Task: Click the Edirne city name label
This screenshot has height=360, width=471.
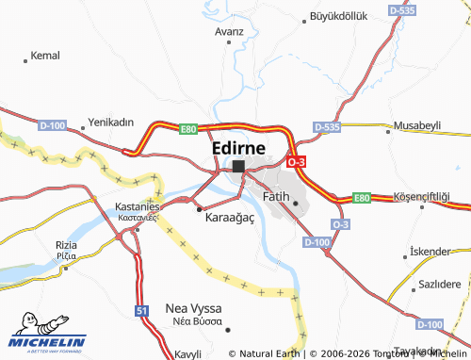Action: pyautogui.click(x=237, y=148)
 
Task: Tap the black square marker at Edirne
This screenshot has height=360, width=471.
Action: pyautogui.click(x=238, y=166)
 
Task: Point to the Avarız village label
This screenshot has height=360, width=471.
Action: pyautogui.click(x=229, y=31)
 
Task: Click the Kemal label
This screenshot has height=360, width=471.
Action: pyautogui.click(x=45, y=56)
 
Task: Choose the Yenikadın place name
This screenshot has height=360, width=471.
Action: pyautogui.click(x=111, y=123)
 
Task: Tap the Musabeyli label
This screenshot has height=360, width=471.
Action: pyautogui.click(x=416, y=124)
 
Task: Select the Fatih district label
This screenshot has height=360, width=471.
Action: pyautogui.click(x=274, y=196)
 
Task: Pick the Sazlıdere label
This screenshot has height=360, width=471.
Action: pyautogui.click(x=439, y=284)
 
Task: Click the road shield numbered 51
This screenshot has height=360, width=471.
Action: pyautogui.click(x=142, y=310)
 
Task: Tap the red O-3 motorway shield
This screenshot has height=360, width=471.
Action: pyautogui.click(x=296, y=162)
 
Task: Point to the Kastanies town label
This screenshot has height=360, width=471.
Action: pyautogui.click(x=138, y=205)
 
